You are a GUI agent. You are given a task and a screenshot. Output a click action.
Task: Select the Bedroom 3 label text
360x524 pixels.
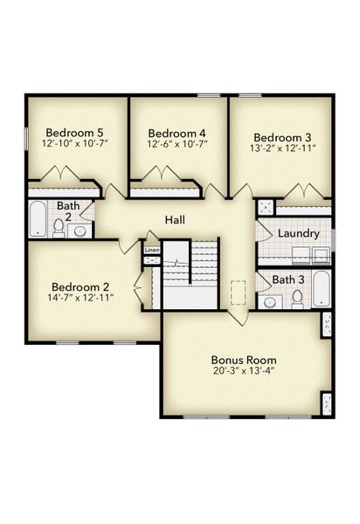point(282,137)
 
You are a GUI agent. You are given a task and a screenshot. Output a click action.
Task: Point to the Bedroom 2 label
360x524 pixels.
point(80,286)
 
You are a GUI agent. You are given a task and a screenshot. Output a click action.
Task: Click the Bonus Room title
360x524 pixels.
point(244,359)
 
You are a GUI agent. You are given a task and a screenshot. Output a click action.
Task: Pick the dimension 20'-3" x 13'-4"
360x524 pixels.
point(244,371)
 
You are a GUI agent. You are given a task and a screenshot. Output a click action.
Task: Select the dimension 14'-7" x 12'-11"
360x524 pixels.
point(82,299)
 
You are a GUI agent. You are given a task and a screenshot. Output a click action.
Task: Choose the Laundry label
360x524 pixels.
point(297,234)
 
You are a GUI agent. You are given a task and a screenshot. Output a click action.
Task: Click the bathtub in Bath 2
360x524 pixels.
point(38,219)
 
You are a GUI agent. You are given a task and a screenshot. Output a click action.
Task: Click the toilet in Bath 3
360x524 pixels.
point(297,298)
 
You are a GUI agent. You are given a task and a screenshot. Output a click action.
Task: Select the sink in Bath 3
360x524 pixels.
point(269,302)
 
